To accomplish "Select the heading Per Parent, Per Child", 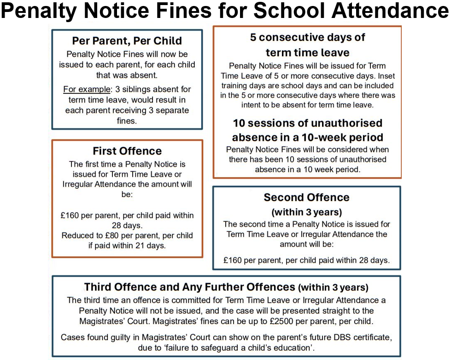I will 127,41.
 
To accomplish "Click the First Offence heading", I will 127,151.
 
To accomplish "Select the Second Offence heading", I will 306,197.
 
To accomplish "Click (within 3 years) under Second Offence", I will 306,212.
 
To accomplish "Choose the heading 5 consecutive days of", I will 307,38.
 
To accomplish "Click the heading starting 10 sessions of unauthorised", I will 307,123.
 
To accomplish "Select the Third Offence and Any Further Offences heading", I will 189,287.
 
